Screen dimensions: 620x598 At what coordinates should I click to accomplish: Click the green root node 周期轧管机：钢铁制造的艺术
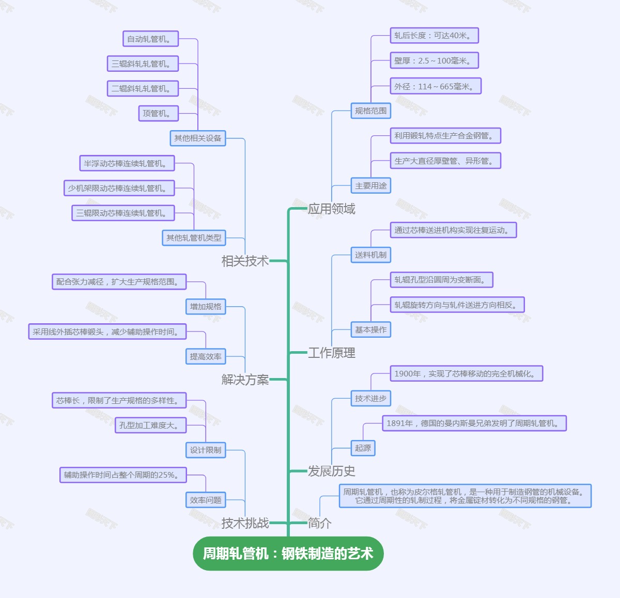click(x=288, y=554)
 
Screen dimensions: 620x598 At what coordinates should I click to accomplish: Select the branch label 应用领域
click(x=331, y=209)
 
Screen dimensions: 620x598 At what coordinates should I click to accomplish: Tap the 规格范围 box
click(x=370, y=111)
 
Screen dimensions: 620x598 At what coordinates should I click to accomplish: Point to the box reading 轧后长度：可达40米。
click(x=434, y=35)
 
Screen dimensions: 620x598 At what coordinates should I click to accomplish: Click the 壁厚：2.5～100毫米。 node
click(x=434, y=60)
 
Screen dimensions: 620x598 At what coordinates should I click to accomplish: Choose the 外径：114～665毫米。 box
click(x=436, y=86)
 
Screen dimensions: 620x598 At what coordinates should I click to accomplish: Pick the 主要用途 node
click(x=370, y=185)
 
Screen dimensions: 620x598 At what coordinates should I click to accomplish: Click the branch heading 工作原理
click(x=331, y=353)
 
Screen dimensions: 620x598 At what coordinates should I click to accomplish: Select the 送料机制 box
click(x=370, y=255)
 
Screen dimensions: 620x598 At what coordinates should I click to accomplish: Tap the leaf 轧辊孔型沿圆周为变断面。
click(x=442, y=280)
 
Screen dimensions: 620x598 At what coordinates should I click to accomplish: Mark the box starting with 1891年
click(x=474, y=423)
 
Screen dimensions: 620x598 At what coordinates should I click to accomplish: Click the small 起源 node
click(x=363, y=448)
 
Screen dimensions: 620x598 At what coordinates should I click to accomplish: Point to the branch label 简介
click(x=319, y=523)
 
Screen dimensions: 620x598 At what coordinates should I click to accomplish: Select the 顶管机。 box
click(x=158, y=114)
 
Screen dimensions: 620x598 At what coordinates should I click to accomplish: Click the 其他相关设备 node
click(x=198, y=138)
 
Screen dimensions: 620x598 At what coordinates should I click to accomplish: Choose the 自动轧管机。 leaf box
click(x=150, y=39)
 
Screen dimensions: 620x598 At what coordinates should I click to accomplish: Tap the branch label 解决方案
click(x=245, y=380)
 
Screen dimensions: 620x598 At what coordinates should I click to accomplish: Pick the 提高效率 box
click(x=206, y=356)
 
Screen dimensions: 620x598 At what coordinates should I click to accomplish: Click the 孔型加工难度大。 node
click(x=150, y=425)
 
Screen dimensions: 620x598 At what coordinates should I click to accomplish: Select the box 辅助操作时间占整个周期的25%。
click(x=123, y=475)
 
